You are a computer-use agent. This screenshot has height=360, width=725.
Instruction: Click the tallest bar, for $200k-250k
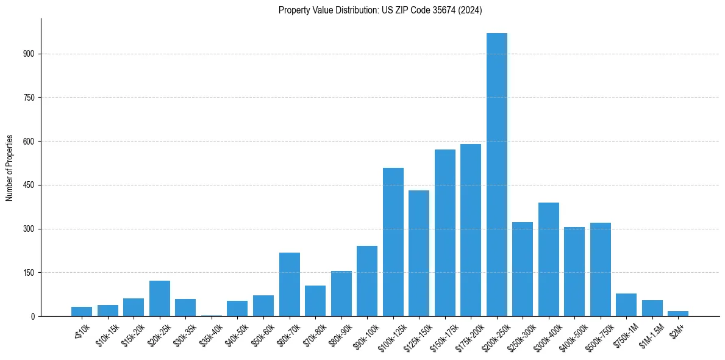point(496,175)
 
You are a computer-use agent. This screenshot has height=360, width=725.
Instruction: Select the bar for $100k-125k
point(393,242)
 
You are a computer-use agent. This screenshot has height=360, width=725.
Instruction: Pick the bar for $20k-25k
point(160,298)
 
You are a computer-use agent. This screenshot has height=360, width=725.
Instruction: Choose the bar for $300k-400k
point(548,259)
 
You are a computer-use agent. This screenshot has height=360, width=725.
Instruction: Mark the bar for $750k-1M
point(626,305)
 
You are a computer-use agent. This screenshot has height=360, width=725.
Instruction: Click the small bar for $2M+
point(677,314)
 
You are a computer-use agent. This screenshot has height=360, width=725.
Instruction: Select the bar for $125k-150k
point(419,253)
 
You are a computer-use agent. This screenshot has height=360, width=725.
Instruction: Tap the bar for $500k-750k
point(600,269)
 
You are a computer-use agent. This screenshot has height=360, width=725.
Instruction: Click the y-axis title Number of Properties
point(10,168)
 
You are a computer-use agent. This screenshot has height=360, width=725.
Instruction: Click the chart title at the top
point(380,10)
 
